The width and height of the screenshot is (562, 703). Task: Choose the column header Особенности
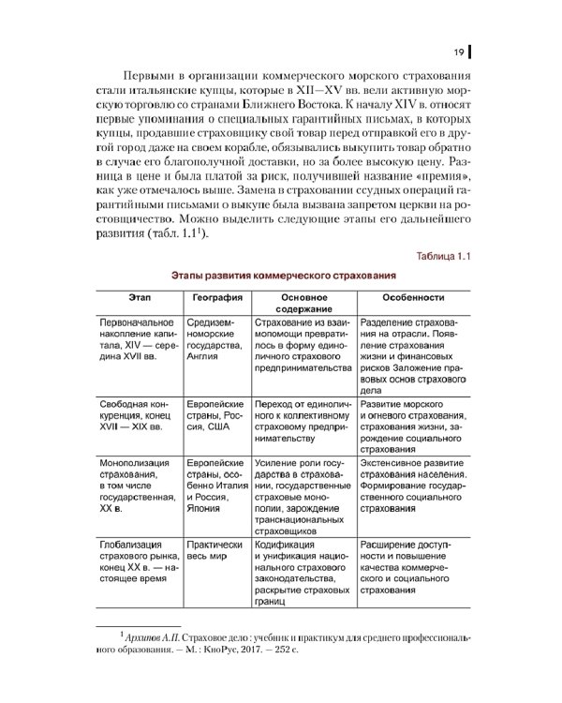click(x=412, y=297)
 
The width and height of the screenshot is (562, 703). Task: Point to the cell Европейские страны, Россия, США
click(x=216, y=414)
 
